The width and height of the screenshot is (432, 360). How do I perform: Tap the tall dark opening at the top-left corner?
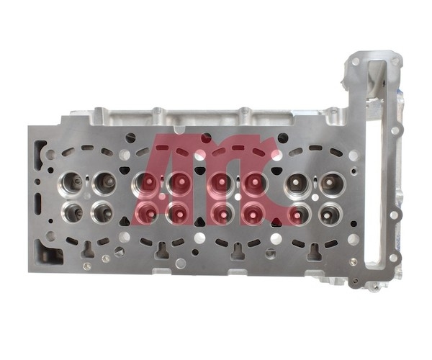[x=40, y=156]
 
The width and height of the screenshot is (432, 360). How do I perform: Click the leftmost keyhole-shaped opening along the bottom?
[x=87, y=250]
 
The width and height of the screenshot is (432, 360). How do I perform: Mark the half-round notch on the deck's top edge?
[x=180, y=129]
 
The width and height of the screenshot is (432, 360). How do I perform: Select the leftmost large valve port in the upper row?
[x=71, y=184]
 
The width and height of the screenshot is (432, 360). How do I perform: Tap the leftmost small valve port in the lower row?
[x=72, y=213]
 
